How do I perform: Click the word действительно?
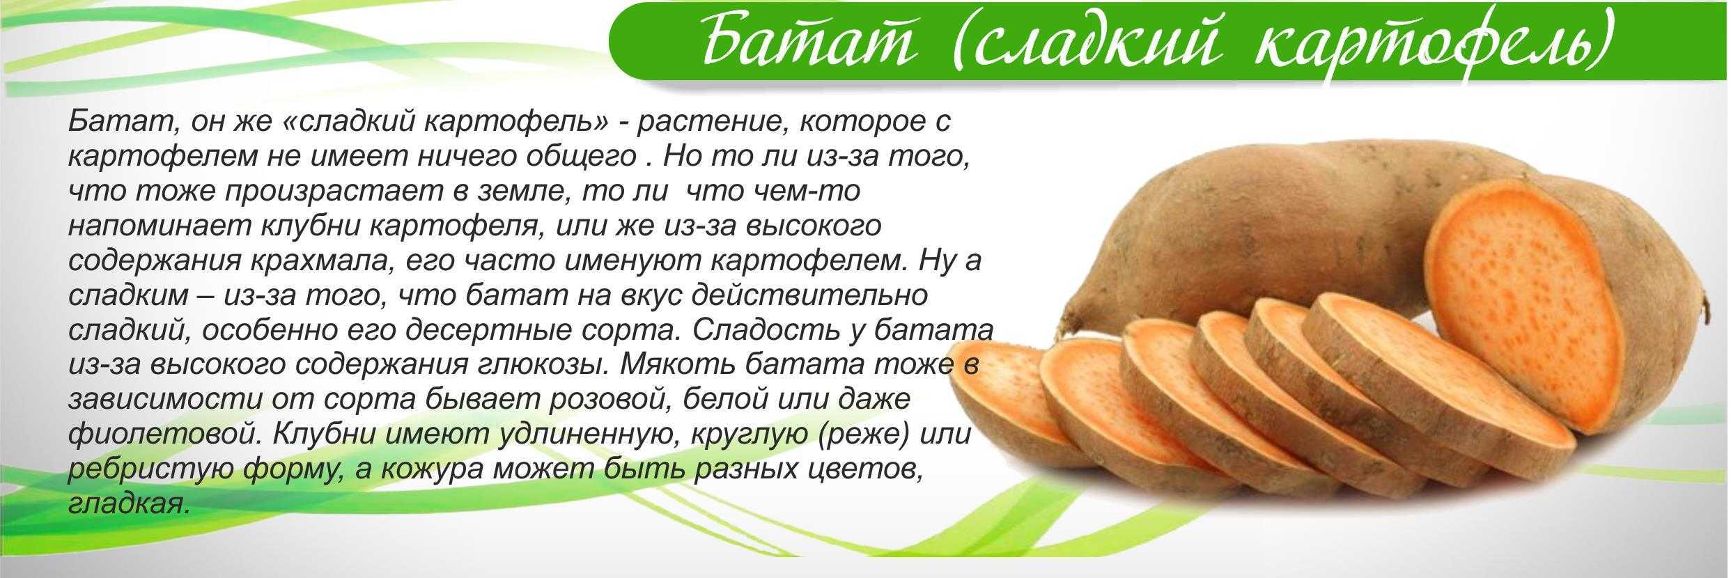[x=809, y=296]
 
